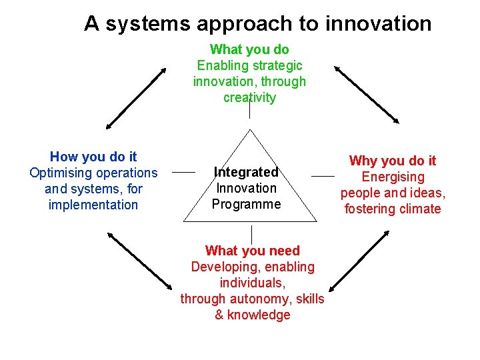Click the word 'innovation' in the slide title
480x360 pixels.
click(x=378, y=24)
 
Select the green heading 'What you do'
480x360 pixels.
click(x=249, y=49)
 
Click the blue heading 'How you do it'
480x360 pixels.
click(x=93, y=157)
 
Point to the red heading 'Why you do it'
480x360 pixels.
click(x=393, y=161)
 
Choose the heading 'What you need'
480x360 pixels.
click(x=253, y=251)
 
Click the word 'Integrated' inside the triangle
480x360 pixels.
click(x=246, y=172)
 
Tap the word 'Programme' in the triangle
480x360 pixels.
click(x=247, y=204)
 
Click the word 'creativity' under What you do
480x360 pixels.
click(x=249, y=97)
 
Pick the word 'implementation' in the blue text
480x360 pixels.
click(x=93, y=205)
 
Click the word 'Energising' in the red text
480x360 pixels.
click(x=393, y=177)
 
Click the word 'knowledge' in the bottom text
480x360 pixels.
click(x=259, y=315)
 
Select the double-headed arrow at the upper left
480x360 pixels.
click(x=136, y=97)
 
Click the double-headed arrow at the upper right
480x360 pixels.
click(x=367, y=94)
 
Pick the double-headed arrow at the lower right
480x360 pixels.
click(x=359, y=260)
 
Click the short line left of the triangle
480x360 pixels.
click(x=183, y=172)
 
